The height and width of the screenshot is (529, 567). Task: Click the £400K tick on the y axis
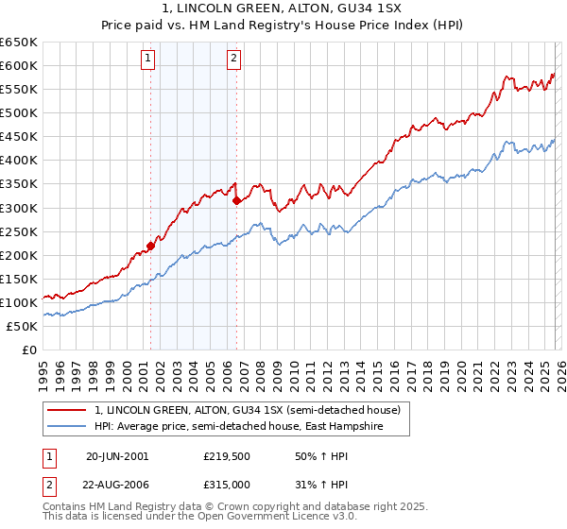coord(19,161)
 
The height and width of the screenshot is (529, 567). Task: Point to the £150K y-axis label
coord(19,279)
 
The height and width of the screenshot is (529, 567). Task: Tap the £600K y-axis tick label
coord(19,65)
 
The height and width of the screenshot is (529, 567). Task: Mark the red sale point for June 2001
coord(150,246)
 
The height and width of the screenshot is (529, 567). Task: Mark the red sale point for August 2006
coord(236,200)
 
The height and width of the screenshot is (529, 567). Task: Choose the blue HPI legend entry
coord(251,427)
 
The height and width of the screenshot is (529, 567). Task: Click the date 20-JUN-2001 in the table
coord(117,455)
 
